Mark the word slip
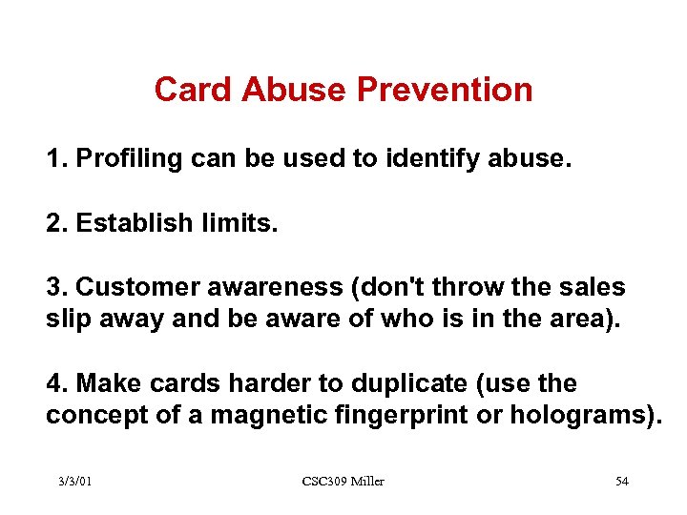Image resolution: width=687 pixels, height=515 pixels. click(x=67, y=319)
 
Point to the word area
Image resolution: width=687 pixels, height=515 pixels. click(x=583, y=319)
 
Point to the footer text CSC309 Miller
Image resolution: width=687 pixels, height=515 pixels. click(x=343, y=481)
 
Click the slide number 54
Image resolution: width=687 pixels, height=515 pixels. click(x=621, y=481)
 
